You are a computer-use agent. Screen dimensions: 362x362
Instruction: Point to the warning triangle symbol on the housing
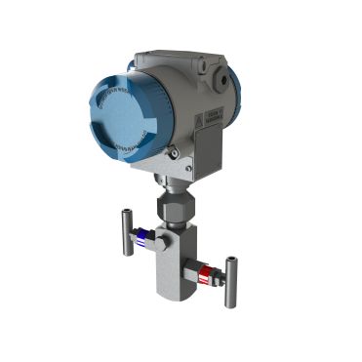point(200,118)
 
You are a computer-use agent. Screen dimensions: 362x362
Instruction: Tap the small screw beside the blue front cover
point(173,152)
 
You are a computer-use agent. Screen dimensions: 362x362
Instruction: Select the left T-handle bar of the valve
point(127,232)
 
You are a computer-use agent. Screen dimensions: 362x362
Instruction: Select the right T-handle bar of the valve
point(230,282)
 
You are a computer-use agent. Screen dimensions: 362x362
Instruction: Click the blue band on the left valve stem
point(143,235)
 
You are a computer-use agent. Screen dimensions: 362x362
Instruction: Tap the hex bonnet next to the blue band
point(155,240)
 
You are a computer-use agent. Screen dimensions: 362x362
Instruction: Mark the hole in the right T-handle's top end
point(231,261)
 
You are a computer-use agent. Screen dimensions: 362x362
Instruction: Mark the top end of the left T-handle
point(127,212)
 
